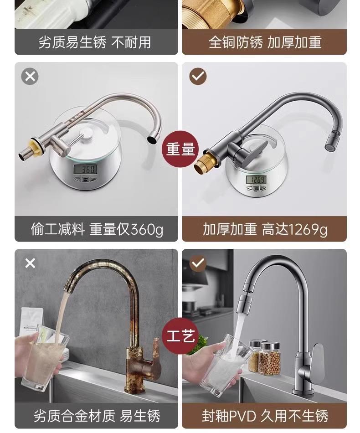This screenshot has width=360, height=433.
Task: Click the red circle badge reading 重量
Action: click(x=180, y=149)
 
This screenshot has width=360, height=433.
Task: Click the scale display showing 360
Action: click(x=85, y=169)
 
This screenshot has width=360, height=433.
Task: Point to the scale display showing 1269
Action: click(x=257, y=179)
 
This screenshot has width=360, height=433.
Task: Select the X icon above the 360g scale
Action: click(x=30, y=76)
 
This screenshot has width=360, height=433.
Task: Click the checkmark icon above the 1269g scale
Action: click(x=198, y=76)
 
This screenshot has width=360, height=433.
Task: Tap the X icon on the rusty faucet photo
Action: click(x=30, y=263)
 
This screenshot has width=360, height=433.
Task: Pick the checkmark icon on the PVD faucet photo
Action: click(x=198, y=263)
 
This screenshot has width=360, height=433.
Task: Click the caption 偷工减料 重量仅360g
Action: click(x=97, y=229)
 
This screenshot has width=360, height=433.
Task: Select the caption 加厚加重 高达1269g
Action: click(x=264, y=229)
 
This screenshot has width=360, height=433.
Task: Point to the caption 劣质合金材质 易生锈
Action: click(x=97, y=416)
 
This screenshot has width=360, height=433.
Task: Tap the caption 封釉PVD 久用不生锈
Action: click(x=264, y=416)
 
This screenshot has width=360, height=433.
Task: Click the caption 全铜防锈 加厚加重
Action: click(x=264, y=42)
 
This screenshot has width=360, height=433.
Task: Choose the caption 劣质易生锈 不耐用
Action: click(x=95, y=42)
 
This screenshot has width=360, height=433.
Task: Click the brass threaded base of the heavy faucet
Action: click(x=203, y=161)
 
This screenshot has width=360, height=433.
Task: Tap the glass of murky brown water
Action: click(x=44, y=359)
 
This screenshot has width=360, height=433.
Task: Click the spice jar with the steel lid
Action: click(x=269, y=358)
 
